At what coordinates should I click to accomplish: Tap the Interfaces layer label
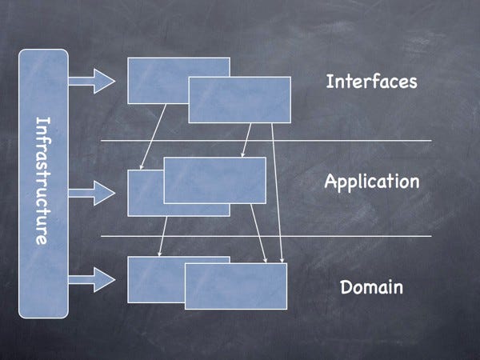coord(371,82)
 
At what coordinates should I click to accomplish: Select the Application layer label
coord(371,182)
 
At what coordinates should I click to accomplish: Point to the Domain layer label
coord(370,286)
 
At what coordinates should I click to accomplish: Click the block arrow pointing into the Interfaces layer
coord(92,79)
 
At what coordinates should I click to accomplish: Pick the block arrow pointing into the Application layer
coord(92,192)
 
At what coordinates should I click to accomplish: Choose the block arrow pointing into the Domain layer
coord(92,279)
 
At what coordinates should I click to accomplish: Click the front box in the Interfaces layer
coord(239,100)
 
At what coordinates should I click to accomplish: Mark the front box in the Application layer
coord(214,180)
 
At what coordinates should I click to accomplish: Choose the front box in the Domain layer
coord(235,286)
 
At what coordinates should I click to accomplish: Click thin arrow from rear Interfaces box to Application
coord(154,137)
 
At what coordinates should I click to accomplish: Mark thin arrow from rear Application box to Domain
coord(162,237)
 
